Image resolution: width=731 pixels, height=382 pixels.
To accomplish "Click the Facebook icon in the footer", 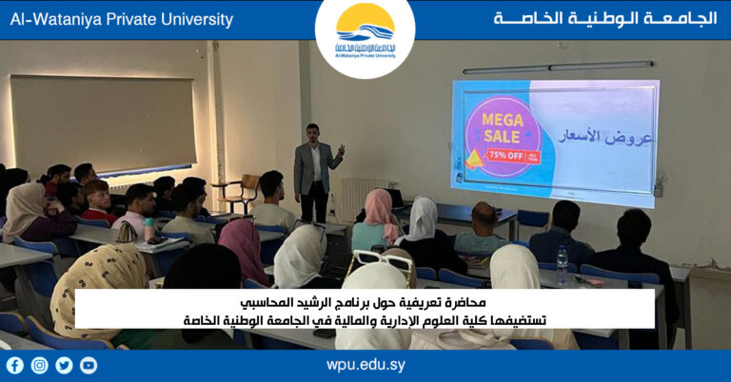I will tap(14, 365).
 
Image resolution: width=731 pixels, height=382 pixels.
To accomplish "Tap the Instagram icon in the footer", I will tap(39, 365).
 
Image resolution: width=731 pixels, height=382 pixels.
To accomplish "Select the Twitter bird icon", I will tap(64, 365).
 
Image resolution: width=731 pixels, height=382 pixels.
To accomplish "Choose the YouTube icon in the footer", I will tap(89, 365).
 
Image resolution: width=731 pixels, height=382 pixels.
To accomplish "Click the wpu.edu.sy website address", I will tap(365, 365).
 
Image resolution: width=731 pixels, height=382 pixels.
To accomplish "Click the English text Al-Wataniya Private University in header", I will tap(121, 19).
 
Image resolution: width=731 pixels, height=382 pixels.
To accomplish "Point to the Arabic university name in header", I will tap(604, 19).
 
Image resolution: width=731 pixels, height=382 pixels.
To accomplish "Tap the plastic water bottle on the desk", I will tap(561, 264).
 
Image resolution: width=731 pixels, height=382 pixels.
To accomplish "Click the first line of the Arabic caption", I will tap(365, 302).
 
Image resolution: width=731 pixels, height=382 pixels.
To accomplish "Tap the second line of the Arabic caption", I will tap(365, 320).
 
